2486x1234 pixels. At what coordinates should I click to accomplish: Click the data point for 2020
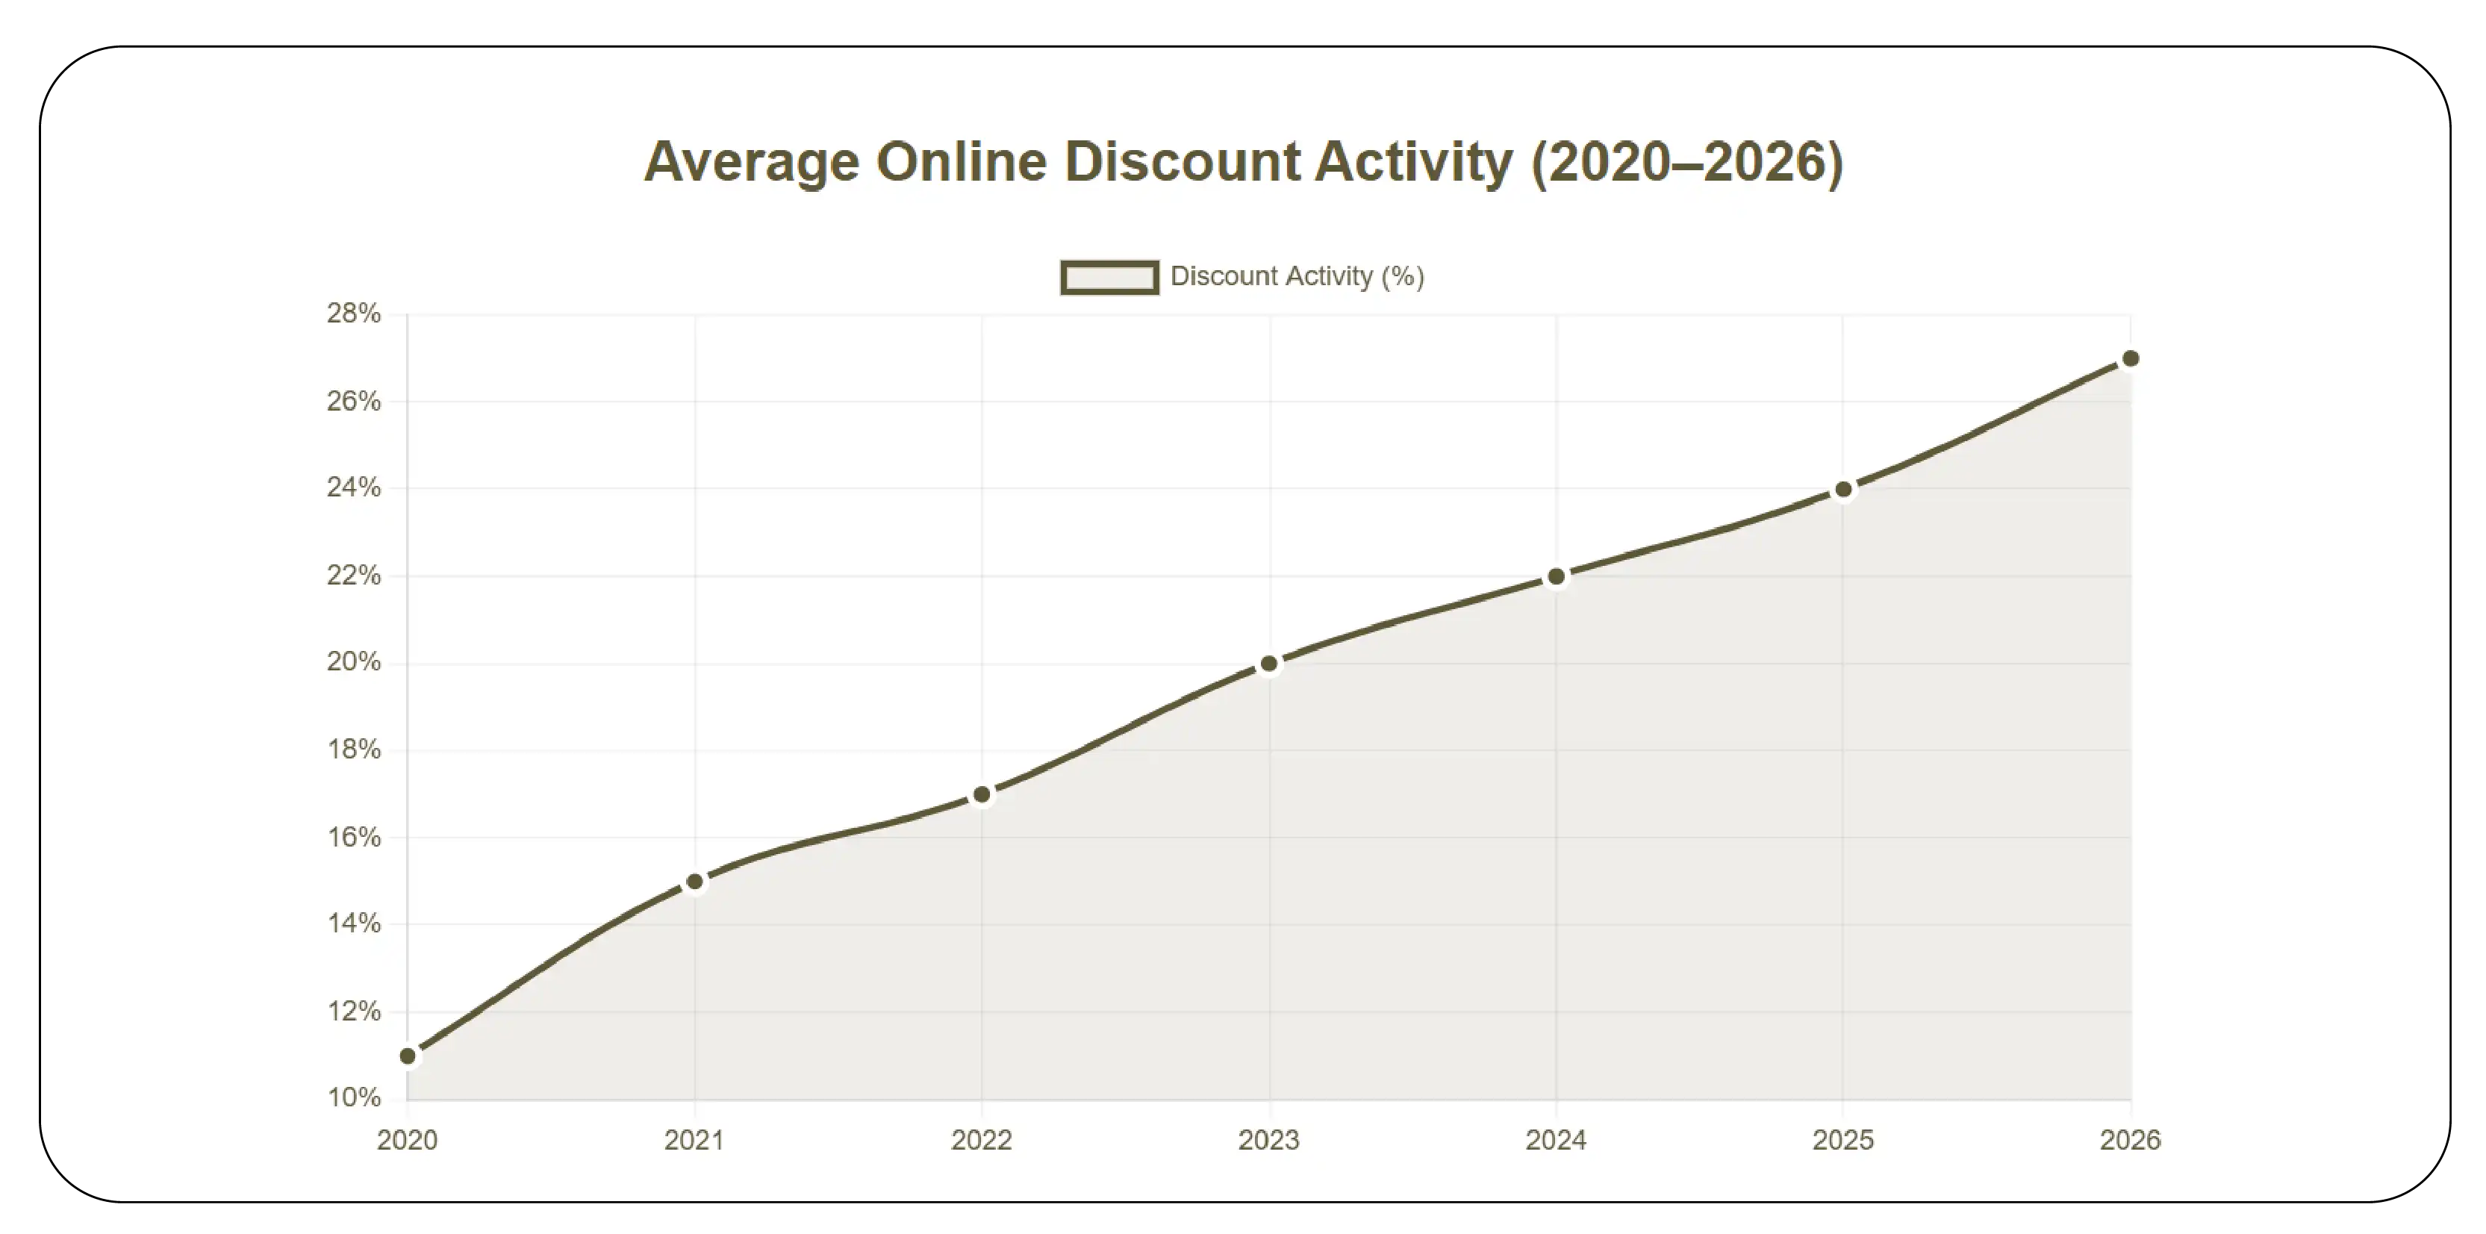pyautogui.click(x=408, y=1056)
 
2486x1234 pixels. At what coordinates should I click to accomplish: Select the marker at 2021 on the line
pyautogui.click(x=695, y=882)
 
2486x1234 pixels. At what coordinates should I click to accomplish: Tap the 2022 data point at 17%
pyautogui.click(x=982, y=795)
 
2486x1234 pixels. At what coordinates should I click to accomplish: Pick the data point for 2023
pyautogui.click(x=1269, y=664)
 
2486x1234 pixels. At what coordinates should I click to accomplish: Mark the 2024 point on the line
pyautogui.click(x=1556, y=577)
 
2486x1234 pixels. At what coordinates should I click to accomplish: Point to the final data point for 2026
pyautogui.click(x=2130, y=359)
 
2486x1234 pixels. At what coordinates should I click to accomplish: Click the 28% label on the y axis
pyautogui.click(x=353, y=314)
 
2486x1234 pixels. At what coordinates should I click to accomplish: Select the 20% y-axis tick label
pyautogui.click(x=353, y=662)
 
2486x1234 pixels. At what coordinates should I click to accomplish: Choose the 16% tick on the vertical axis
pyautogui.click(x=353, y=837)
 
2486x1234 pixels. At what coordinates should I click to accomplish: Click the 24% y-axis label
pyautogui.click(x=353, y=488)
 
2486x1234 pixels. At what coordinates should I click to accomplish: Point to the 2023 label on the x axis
pyautogui.click(x=1269, y=1141)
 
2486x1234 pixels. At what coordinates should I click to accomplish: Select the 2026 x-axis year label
pyautogui.click(x=2130, y=1141)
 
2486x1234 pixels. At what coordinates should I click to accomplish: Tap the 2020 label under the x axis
pyautogui.click(x=408, y=1141)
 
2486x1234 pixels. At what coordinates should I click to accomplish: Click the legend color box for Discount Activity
pyautogui.click(x=1109, y=278)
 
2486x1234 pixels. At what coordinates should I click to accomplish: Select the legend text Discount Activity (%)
pyautogui.click(x=1296, y=277)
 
